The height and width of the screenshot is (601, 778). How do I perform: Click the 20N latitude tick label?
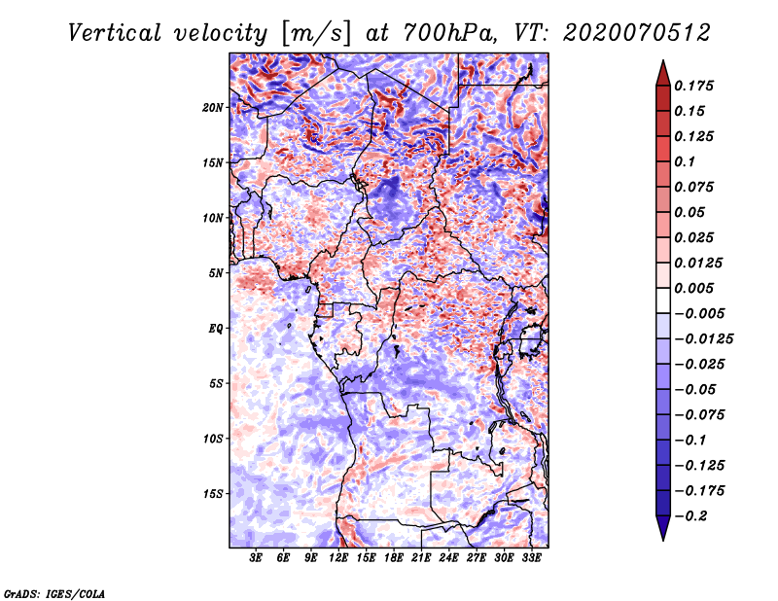[213, 107]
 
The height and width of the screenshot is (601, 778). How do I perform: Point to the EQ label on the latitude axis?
[216, 328]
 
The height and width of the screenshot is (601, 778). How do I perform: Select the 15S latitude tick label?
[213, 493]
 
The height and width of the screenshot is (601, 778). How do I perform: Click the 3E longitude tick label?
[257, 559]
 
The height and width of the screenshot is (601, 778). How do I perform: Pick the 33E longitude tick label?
[531, 559]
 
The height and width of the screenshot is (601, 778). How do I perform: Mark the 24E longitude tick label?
[449, 559]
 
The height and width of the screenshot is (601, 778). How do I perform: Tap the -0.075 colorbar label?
[703, 414]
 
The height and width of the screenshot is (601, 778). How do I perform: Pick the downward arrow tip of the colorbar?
[661, 538]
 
